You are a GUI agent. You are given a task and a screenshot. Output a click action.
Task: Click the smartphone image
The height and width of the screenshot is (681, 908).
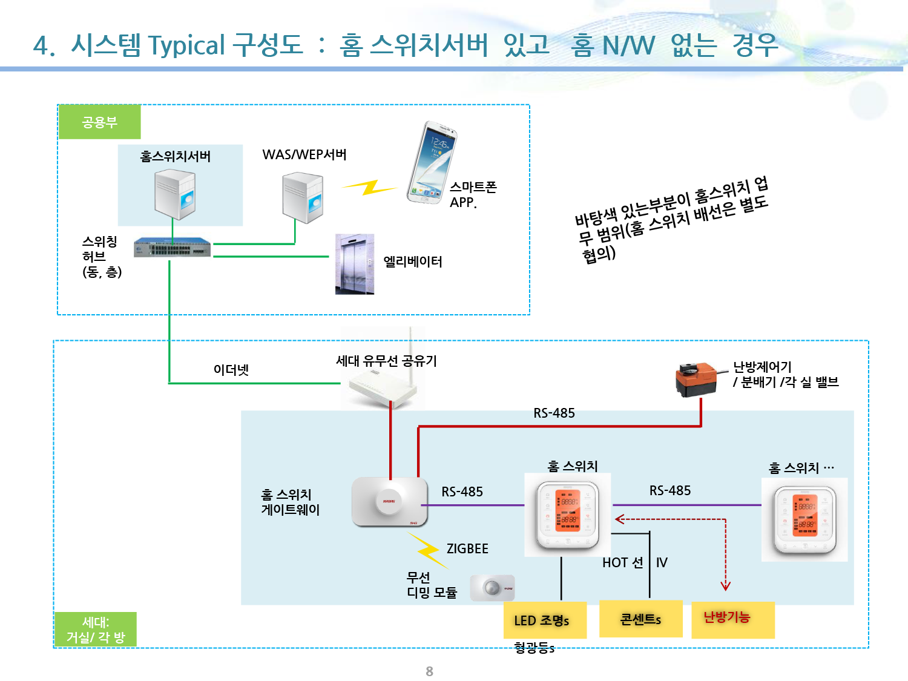(432, 162)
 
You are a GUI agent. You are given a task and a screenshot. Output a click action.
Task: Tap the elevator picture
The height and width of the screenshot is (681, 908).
(355, 264)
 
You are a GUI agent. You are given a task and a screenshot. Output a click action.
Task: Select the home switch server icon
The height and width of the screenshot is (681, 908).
(175, 194)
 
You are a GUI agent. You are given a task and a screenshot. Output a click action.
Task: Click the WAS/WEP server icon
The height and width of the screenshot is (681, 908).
(303, 197)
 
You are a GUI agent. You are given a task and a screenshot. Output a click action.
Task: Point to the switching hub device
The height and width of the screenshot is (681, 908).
(173, 248)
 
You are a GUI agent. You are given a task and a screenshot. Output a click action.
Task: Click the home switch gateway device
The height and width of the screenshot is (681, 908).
(389, 501)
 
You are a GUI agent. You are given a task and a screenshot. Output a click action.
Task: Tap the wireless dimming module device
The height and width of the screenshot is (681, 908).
(492, 588)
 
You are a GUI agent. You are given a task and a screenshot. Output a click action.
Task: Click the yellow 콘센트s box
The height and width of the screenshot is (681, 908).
(640, 619)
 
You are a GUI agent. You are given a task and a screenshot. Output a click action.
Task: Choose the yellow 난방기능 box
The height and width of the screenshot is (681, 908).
(732, 619)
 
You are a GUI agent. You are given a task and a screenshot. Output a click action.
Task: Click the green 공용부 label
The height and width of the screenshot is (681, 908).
(100, 122)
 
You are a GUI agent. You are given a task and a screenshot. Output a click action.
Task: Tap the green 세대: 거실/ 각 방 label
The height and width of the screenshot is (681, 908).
(96, 630)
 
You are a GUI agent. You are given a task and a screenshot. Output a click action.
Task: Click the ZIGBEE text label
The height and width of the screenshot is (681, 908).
(467, 548)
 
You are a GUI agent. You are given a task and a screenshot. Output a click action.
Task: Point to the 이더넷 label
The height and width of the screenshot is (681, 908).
(231, 369)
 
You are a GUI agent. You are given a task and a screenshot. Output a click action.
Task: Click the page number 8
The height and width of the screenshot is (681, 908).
(430, 671)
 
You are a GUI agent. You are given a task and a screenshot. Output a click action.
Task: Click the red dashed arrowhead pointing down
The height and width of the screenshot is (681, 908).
(725, 585)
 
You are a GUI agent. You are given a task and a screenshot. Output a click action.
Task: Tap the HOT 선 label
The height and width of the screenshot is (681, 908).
(622, 562)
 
